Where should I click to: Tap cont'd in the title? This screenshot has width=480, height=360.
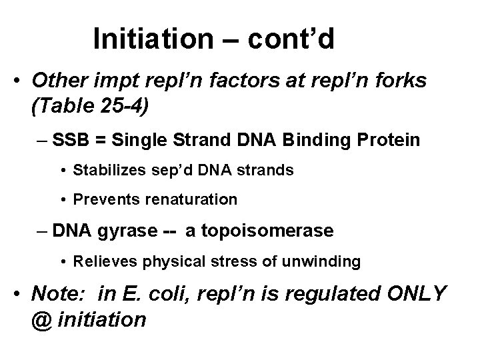pyautogui.click(x=291, y=39)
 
